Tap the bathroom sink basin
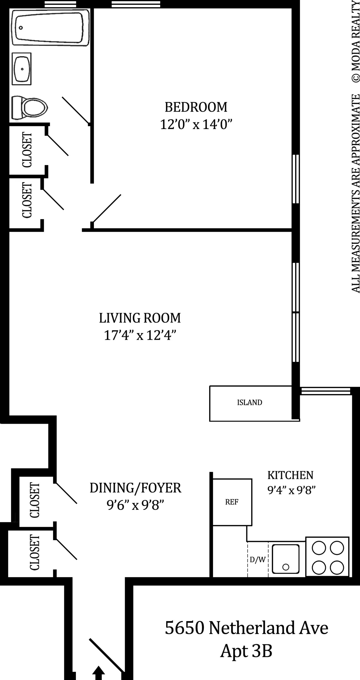(22, 69)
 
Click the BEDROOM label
(196, 107)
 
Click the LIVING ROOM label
(140, 318)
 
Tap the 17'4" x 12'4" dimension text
(140, 335)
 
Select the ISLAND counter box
(250, 403)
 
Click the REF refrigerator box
(232, 502)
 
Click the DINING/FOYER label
(135, 488)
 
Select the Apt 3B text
(246, 651)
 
